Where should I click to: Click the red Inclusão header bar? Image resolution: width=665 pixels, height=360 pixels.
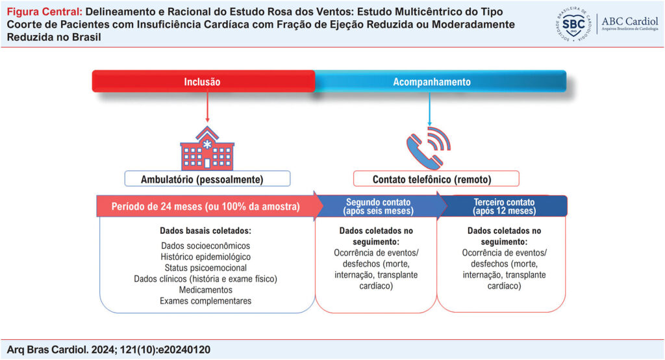click(203, 82)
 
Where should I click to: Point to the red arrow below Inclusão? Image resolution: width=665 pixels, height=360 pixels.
click(207, 107)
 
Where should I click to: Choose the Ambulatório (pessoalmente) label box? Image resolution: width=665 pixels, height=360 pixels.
click(207, 179)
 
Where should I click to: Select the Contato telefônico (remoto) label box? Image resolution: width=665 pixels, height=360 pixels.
click(436, 179)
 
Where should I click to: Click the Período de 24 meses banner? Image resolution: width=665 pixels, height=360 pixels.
click(205, 207)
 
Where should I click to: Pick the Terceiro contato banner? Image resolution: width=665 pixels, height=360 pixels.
click(504, 207)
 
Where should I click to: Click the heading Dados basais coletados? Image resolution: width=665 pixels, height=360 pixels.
click(206, 231)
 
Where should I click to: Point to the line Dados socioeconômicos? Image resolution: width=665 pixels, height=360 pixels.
click(206, 246)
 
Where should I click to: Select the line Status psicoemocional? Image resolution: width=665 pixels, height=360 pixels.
click(206, 268)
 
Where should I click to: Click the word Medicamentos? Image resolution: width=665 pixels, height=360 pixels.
click(206, 290)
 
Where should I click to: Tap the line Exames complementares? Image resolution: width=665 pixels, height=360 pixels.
click(206, 301)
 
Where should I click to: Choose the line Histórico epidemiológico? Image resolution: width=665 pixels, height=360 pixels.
click(206, 257)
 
